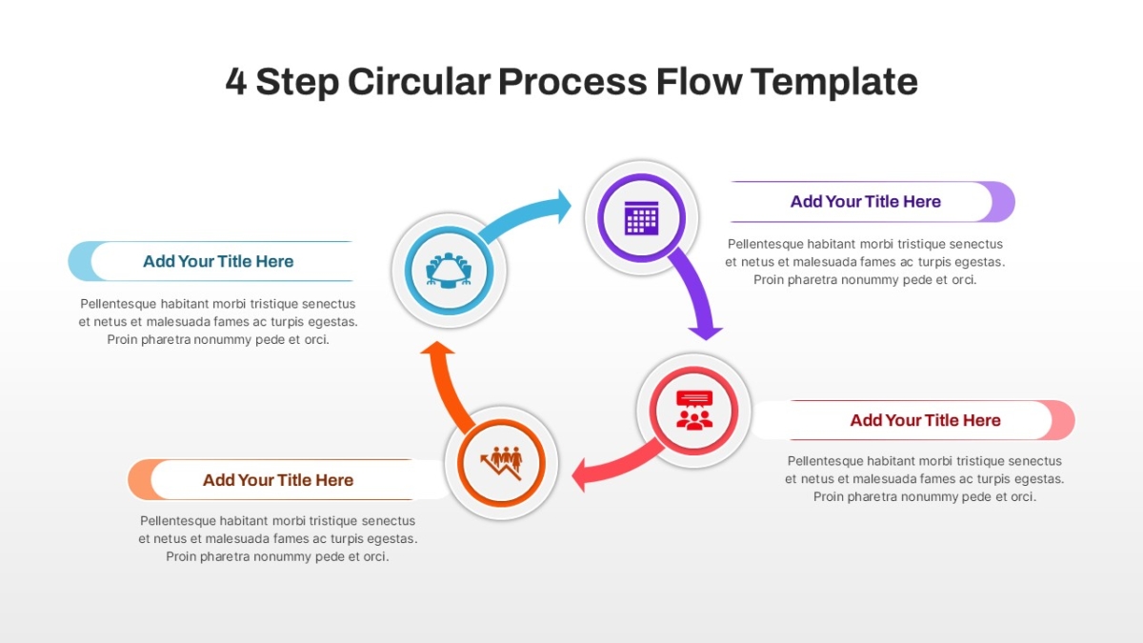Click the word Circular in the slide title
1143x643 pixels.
click(419, 82)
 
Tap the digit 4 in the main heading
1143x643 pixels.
click(236, 82)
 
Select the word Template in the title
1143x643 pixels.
click(833, 82)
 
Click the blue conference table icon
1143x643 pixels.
click(449, 271)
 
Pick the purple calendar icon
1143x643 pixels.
click(641, 218)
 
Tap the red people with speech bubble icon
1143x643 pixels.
click(694, 411)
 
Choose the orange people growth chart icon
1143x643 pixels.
click(501, 463)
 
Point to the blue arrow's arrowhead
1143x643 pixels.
click(564, 206)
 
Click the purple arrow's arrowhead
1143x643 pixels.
click(705, 333)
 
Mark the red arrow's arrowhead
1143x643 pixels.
click(579, 475)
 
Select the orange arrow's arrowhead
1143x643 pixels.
click(437, 348)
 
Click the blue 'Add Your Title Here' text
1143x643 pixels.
click(218, 261)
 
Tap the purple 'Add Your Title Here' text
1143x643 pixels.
click(866, 202)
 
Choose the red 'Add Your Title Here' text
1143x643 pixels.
click(925, 420)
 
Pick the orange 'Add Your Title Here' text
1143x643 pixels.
click(277, 480)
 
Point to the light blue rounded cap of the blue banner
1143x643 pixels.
click(78, 261)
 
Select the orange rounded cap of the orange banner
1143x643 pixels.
click(138, 480)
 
